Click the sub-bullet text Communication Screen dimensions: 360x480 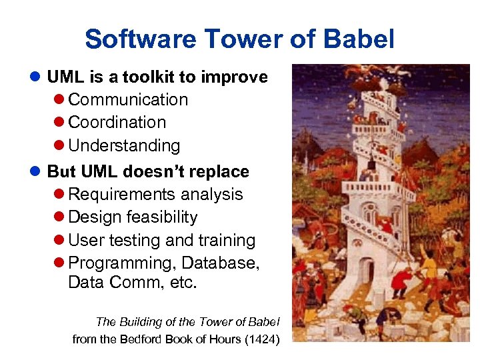tap(128, 100)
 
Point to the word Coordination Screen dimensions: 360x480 tap(117, 123)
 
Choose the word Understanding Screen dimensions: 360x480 tap(124, 146)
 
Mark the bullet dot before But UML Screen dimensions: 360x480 tap(37, 172)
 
